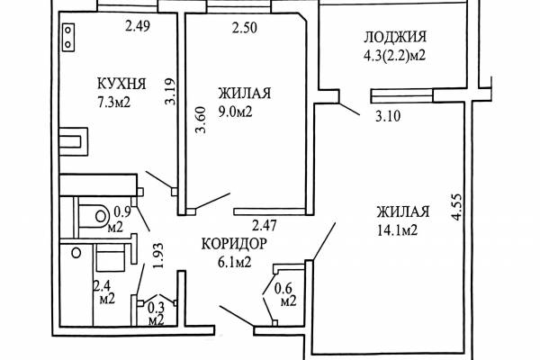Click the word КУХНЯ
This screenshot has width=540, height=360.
121,84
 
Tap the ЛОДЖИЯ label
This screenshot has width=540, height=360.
395,37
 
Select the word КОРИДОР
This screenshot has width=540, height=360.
234,244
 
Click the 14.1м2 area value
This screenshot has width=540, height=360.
398,229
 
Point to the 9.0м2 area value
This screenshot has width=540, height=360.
236,112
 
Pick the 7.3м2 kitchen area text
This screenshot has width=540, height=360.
114,102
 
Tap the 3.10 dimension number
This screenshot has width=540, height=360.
388,116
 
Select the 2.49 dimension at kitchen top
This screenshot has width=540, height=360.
138,26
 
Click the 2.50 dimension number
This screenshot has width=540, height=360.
245,28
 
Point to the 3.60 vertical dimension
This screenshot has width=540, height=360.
201,120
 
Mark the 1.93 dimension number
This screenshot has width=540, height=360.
157,256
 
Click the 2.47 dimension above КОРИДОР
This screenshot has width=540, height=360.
265,226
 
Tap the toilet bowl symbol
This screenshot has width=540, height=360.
92,217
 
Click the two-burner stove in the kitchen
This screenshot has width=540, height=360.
68,37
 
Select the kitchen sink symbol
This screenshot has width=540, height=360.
73,141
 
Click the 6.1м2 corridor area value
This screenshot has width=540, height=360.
234,263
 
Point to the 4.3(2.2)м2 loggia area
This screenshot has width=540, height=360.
395,55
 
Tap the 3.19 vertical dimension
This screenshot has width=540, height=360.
170,92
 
